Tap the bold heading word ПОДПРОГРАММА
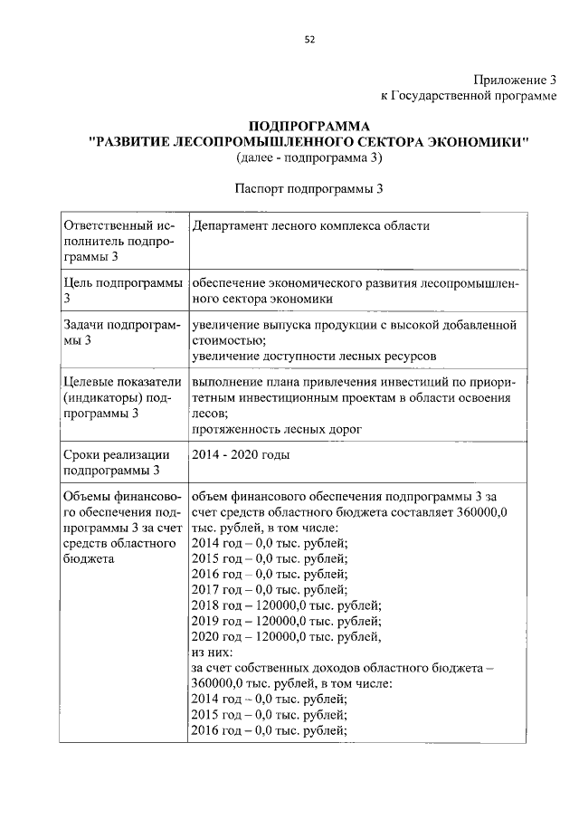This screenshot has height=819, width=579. click(x=308, y=126)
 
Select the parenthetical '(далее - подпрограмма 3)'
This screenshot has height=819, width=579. click(x=308, y=158)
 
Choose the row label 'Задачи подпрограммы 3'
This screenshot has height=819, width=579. click(x=120, y=332)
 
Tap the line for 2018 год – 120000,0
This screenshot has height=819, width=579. click(x=286, y=605)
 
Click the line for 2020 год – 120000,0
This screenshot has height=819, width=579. click(x=286, y=636)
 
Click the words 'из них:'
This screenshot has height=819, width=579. click(x=213, y=652)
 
